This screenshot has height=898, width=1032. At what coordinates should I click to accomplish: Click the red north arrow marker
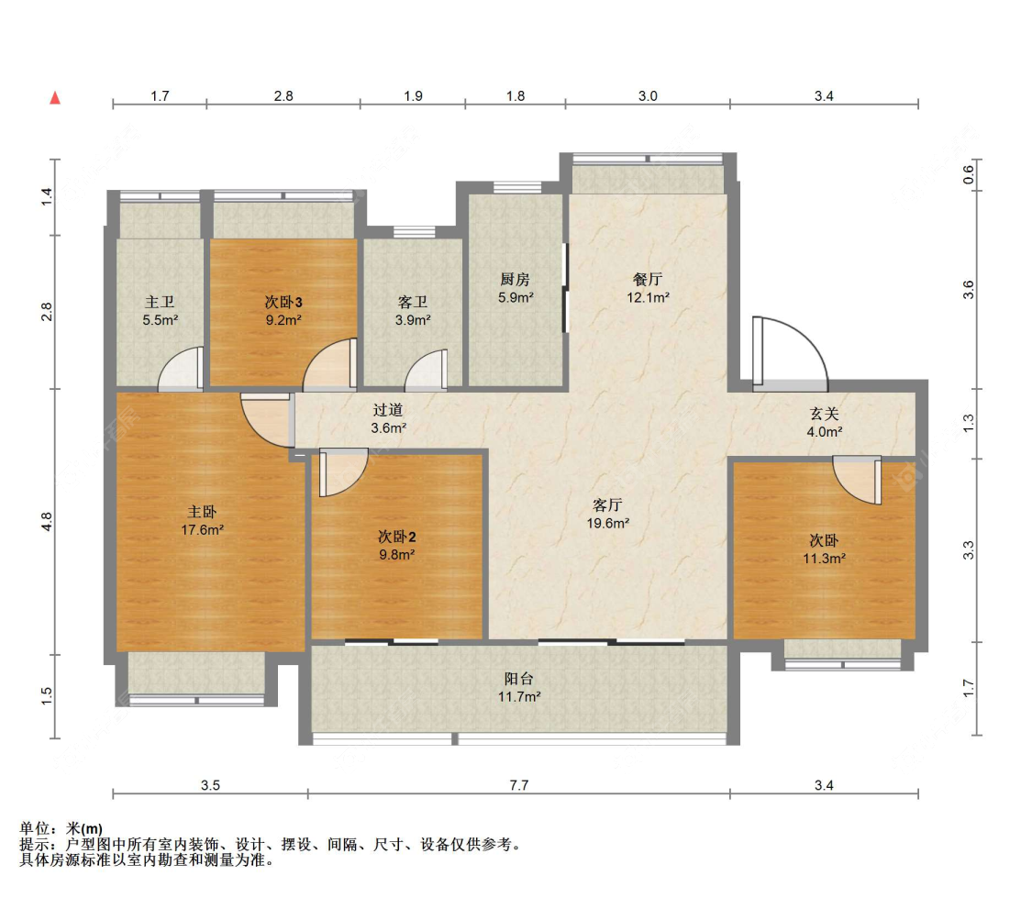click(55, 98)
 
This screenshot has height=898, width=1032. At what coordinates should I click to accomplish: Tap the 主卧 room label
click(202, 512)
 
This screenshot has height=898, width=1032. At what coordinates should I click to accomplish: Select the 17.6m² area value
click(203, 529)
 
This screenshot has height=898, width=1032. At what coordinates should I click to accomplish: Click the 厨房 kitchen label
click(516, 280)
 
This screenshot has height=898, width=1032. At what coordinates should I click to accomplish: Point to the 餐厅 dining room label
click(648, 280)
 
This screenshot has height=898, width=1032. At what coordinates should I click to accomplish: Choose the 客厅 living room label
click(607, 505)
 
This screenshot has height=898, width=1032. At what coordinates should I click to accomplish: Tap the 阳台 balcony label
click(518, 679)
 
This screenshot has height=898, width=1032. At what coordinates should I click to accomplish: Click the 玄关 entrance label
click(824, 414)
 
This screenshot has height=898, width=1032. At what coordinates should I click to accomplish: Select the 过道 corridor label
click(388, 410)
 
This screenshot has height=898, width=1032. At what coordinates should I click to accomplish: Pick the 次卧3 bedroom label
click(283, 302)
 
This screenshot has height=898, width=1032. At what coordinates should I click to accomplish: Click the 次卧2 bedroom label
click(397, 537)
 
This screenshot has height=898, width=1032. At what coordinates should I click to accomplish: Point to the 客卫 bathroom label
click(413, 302)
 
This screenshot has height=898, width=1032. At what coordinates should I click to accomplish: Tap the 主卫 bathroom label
click(160, 302)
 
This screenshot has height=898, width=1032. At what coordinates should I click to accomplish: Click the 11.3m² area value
click(824, 559)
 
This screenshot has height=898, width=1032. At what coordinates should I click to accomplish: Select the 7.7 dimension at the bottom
click(518, 785)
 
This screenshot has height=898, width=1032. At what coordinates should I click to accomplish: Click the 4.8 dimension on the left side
click(46, 522)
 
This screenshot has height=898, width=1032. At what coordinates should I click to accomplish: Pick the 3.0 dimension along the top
click(648, 96)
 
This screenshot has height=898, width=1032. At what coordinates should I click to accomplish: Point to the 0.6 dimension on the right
click(968, 174)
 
